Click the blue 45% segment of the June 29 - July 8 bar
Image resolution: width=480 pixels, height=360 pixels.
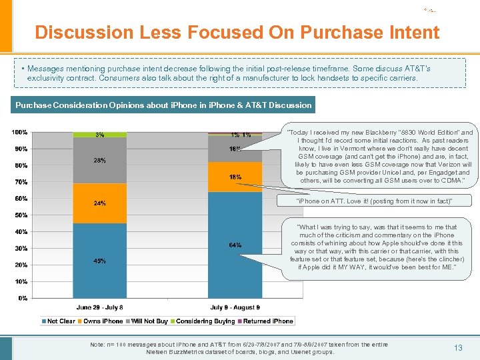click(99, 261)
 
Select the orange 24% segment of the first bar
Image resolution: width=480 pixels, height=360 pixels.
click(99, 203)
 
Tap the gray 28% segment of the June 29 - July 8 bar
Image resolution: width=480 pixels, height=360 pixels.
click(99, 161)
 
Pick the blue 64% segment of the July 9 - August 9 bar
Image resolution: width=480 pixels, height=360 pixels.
click(235, 245)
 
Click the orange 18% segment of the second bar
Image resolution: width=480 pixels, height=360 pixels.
click(235, 177)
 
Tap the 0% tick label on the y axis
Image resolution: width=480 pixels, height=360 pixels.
click(23, 298)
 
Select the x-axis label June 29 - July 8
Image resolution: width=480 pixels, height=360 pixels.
click(99, 307)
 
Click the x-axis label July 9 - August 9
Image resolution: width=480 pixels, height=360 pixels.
click(235, 307)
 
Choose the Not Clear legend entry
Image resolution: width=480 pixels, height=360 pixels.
click(61, 321)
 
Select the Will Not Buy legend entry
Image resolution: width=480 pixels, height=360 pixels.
click(148, 321)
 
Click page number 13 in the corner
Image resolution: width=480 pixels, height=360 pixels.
click(458, 347)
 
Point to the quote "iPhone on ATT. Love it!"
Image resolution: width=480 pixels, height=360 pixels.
click(373, 201)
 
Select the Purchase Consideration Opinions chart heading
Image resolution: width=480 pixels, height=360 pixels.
click(163, 105)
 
